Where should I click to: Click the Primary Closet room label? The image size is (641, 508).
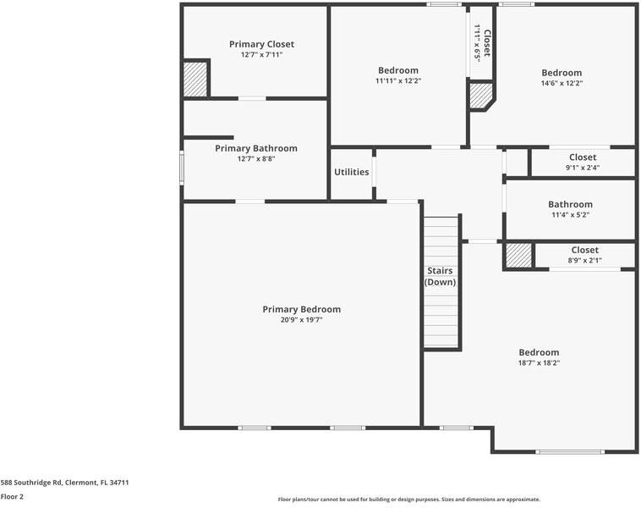pyautogui.click(x=261, y=44)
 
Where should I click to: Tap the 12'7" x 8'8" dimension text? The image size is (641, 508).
pyautogui.click(x=255, y=159)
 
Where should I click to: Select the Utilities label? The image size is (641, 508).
pyautogui.click(x=351, y=172)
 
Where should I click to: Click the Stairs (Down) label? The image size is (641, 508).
pyautogui.click(x=440, y=276)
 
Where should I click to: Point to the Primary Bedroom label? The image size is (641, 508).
pyautogui.click(x=301, y=309)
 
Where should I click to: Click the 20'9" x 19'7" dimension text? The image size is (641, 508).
pyautogui.click(x=301, y=320)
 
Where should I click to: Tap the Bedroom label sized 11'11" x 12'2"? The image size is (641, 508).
pyautogui.click(x=397, y=70)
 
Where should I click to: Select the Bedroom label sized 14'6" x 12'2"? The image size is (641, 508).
pyautogui.click(x=562, y=73)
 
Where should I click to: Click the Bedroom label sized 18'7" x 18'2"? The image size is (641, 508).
pyautogui.click(x=539, y=352)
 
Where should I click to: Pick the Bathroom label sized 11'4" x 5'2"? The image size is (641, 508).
pyautogui.click(x=570, y=204)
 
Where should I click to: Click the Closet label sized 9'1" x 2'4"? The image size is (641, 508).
pyautogui.click(x=582, y=157)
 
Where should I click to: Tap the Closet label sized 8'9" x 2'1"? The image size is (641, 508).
pyautogui.click(x=584, y=250)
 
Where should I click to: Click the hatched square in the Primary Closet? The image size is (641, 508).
pyautogui.click(x=196, y=80)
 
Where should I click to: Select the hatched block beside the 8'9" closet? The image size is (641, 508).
pyautogui.click(x=519, y=256)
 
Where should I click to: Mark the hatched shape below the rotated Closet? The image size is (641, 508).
pyautogui.click(x=480, y=96)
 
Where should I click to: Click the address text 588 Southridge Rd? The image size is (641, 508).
pyautogui.click(x=64, y=483)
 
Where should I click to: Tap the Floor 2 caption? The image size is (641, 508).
pyautogui.click(x=12, y=497)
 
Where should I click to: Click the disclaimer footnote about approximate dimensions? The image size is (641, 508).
pyautogui.click(x=409, y=500)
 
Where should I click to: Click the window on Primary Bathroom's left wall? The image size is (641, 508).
pyautogui.click(x=181, y=167)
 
